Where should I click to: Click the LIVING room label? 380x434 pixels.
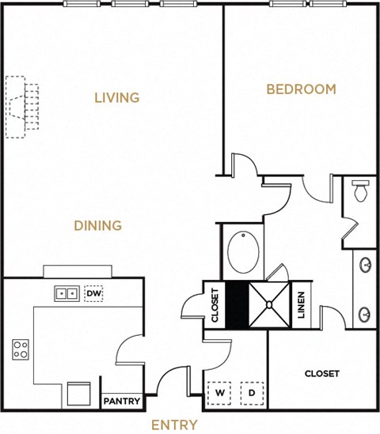click(116, 98)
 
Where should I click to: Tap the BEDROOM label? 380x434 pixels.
click(300, 89)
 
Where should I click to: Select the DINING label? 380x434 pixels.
click(97, 226)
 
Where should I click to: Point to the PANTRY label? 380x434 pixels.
click(122, 402)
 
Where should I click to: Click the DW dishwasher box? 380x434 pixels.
click(93, 293)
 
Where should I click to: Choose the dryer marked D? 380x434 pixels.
click(251, 391)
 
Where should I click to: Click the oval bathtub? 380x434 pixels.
click(243, 253)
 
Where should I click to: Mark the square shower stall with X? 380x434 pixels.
click(271, 304)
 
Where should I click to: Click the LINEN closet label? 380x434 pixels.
click(302, 304)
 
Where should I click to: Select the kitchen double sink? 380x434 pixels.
click(66, 293)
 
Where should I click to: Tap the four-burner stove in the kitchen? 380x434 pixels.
click(21, 348)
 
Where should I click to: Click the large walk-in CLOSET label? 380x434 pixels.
click(322, 373)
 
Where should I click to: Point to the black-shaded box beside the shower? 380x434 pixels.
click(237, 304)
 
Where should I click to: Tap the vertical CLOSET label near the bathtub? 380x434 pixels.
click(215, 304)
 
